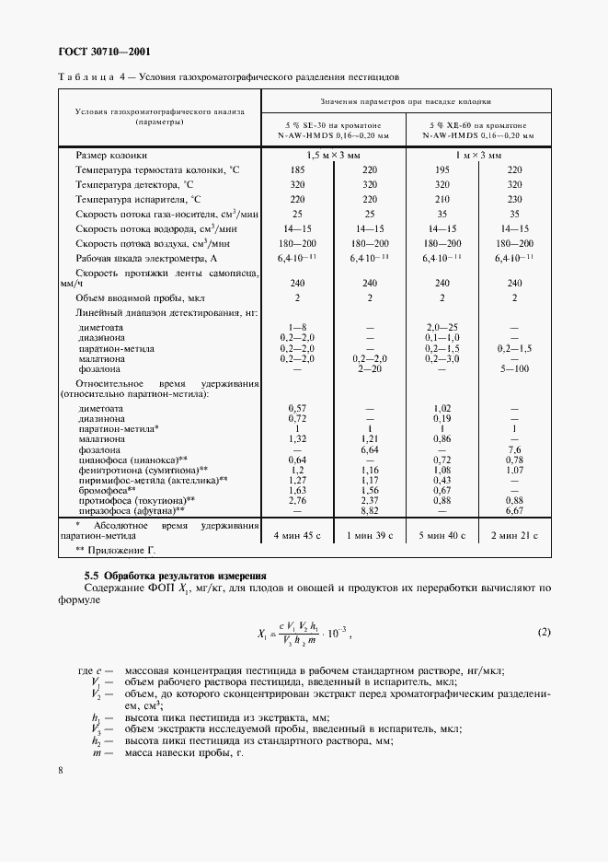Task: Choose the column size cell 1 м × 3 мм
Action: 478,156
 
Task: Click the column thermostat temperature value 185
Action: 297,170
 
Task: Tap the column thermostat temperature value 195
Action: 442,170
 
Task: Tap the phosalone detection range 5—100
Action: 515,367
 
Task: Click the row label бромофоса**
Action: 108,489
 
